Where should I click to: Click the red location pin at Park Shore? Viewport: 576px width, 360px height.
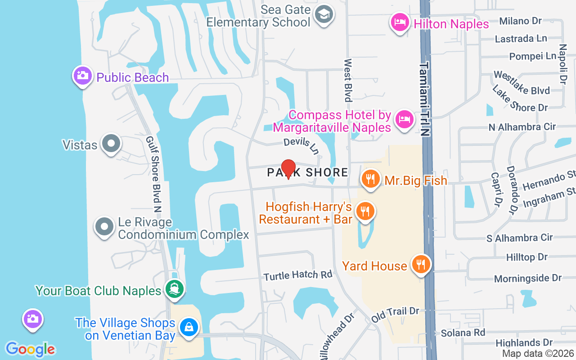288,169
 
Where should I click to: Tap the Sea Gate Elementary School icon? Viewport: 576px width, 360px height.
323,15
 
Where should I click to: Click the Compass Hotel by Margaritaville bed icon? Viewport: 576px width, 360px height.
404,120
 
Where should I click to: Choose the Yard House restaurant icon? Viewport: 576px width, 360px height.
421,265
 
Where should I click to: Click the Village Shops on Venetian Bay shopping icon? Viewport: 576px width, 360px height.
189,328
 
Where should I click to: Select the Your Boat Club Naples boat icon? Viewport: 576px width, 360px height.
174,289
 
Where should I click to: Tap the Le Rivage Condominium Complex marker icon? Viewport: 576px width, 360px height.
104,227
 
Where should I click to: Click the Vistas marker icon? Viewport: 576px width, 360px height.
111,144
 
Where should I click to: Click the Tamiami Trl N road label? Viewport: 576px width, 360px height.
424,99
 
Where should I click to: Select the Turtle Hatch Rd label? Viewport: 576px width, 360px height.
298,274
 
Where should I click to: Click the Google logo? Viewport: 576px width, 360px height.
30,349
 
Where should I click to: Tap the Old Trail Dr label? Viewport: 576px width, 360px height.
395,315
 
